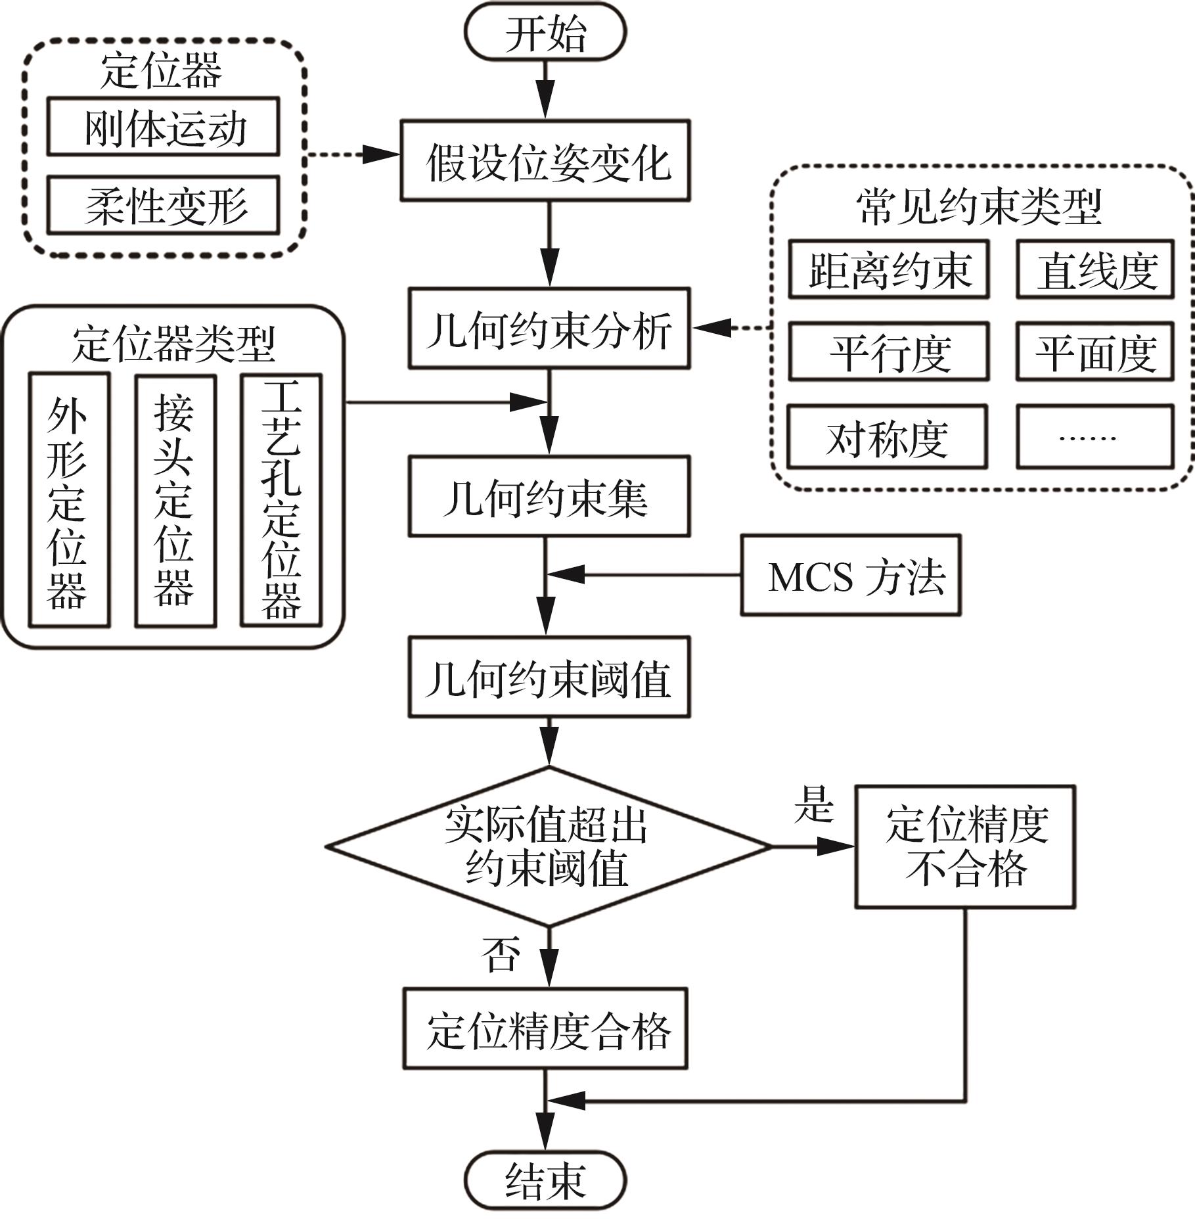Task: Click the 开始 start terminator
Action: coord(545,33)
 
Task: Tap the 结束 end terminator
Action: coord(545,1180)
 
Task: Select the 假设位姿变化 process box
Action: coord(545,161)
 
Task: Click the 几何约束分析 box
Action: coord(549,329)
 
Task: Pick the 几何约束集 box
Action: coord(549,497)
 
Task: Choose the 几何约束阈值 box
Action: coord(549,677)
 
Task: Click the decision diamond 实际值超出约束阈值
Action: coord(548,846)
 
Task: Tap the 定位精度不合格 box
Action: coord(965,846)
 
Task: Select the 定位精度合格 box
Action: coord(545,1029)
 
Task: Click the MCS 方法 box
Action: coord(851,576)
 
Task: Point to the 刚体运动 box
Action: coord(164,127)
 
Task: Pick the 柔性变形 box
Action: coord(164,205)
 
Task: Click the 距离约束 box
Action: coord(889,269)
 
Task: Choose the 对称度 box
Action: coord(888,437)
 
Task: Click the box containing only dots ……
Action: coord(1094,437)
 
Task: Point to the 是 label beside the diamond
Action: coord(813,804)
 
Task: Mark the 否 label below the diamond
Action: coord(501,954)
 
